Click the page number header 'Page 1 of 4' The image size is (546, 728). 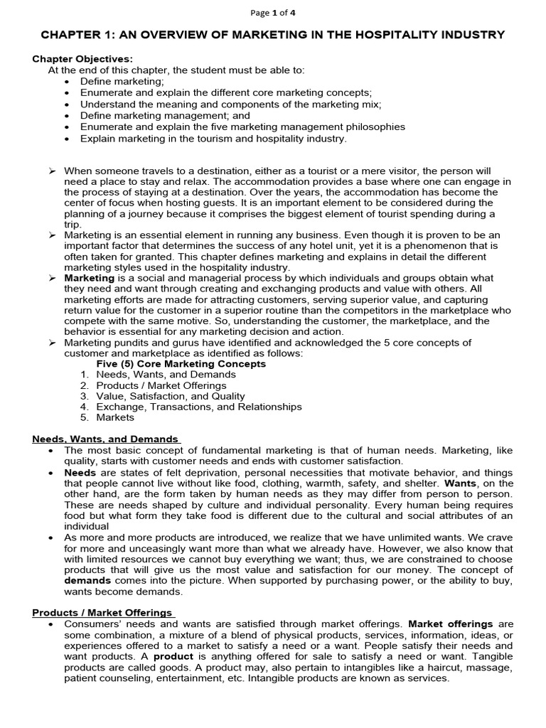pyautogui.click(x=272, y=13)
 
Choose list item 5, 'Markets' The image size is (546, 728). pyautogui.click(x=115, y=417)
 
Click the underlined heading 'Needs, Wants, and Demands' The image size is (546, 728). pyautogui.click(x=106, y=439)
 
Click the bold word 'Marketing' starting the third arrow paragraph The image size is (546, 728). pyautogui.click(x=89, y=278)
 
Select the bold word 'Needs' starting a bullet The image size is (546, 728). pyautogui.click(x=80, y=472)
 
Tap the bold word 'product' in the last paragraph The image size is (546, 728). pyautogui.click(x=173, y=656)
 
